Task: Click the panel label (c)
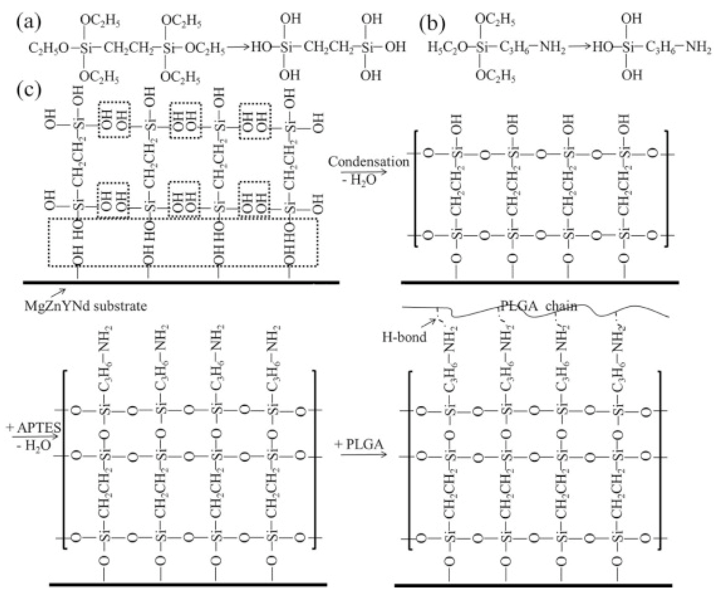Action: (29, 90)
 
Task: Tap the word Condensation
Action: (368, 162)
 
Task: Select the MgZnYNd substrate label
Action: (85, 306)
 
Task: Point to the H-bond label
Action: (404, 337)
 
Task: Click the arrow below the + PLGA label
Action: (364, 454)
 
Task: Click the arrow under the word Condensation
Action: (364, 172)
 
